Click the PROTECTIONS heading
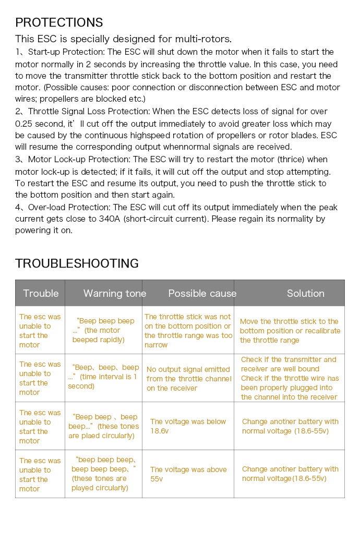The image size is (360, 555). pyautogui.click(x=59, y=22)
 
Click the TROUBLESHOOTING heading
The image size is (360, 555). pyautogui.click(x=77, y=263)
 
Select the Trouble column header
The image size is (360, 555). pyautogui.click(x=41, y=293)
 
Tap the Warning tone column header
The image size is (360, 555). pyautogui.click(x=115, y=293)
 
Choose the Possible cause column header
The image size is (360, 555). pyautogui.click(x=202, y=293)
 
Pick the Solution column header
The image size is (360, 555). pyautogui.click(x=305, y=293)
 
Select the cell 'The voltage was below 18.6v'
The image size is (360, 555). pyautogui.click(x=188, y=426)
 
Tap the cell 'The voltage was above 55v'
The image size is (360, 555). pyautogui.click(x=188, y=474)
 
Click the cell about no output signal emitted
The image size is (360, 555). pyautogui.click(x=188, y=379)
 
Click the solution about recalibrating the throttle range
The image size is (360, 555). pyautogui.click(x=290, y=331)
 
